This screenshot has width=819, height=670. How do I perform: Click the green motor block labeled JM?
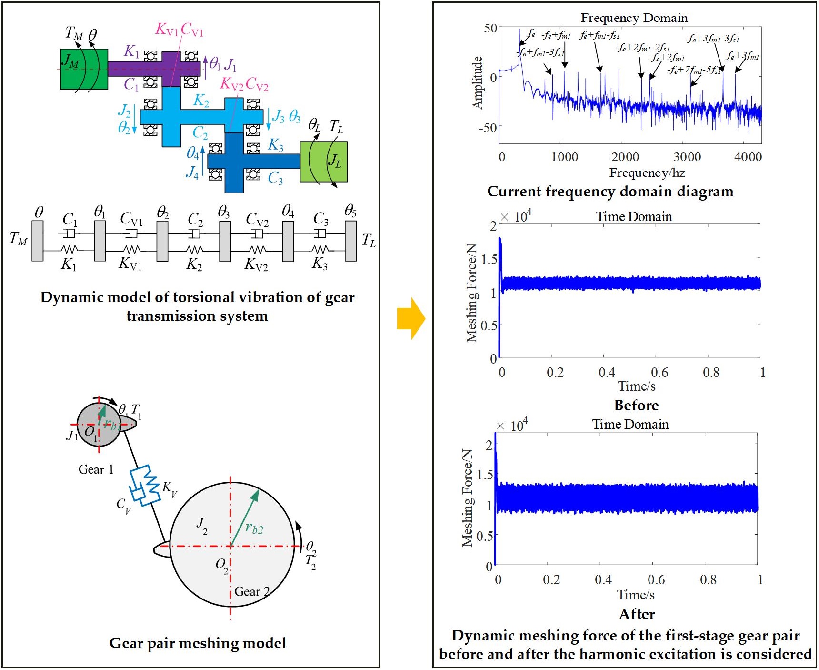(83, 69)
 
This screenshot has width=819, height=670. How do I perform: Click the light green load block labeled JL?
(324, 162)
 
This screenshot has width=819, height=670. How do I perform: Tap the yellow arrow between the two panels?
(410, 318)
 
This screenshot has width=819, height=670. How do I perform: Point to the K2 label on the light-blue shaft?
(201, 101)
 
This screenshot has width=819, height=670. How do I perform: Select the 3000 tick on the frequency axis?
(687, 157)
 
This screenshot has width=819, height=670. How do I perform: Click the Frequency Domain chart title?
(634, 18)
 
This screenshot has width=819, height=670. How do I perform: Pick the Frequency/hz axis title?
(647, 173)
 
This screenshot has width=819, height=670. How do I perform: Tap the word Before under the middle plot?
(636, 405)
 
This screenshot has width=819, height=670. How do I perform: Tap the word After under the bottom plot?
(637, 614)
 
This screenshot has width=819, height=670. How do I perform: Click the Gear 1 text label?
(96, 469)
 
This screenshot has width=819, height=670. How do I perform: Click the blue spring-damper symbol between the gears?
(144, 485)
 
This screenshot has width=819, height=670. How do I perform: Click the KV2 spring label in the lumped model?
(256, 264)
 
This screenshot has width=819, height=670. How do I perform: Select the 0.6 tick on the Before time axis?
(659, 372)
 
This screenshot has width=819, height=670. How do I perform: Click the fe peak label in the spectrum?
(531, 34)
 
